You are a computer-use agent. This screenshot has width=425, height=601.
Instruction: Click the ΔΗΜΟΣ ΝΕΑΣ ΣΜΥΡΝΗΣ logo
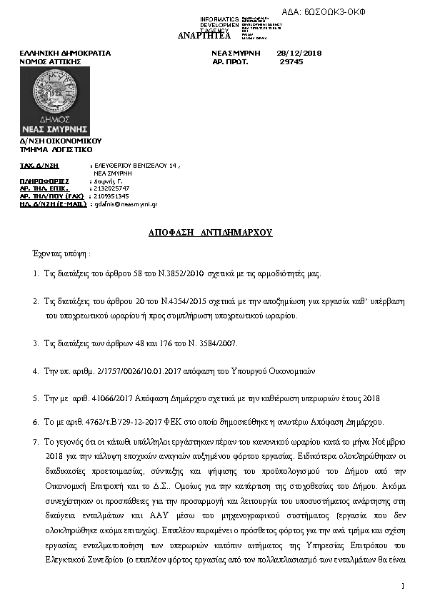pos(55,101)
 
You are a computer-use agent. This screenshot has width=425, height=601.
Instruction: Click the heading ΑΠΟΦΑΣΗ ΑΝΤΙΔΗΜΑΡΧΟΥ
pos(211,233)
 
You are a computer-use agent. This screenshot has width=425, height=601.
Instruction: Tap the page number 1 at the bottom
pos(403,587)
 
